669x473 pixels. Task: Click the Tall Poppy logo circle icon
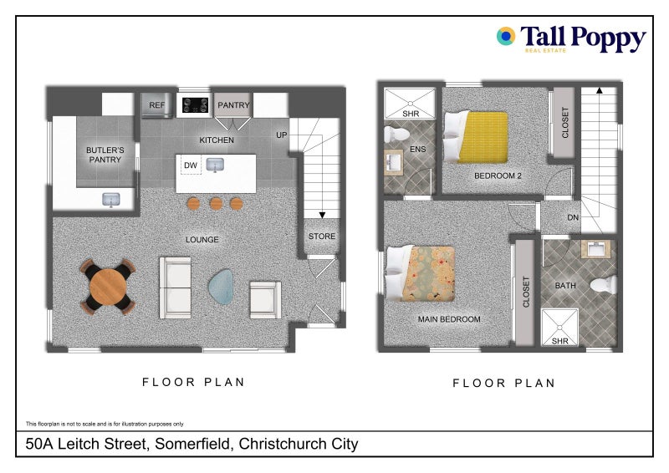(x=506, y=36)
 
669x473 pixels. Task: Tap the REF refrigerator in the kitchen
(x=157, y=105)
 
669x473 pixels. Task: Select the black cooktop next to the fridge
(x=196, y=105)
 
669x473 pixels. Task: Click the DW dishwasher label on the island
(x=191, y=165)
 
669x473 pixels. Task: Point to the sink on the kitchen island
(x=215, y=165)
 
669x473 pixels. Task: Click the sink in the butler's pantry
(x=111, y=199)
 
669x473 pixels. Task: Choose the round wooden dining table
(x=108, y=287)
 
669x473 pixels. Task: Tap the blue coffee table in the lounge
(x=222, y=286)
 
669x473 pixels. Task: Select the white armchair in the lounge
(x=265, y=300)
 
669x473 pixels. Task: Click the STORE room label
(x=322, y=236)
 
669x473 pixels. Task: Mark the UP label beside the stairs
(x=281, y=135)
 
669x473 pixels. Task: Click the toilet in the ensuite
(x=396, y=134)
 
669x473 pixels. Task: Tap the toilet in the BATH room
(x=604, y=285)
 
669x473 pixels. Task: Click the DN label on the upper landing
(x=573, y=217)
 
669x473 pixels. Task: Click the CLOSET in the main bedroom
(x=525, y=292)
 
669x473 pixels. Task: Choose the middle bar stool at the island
(x=216, y=203)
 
